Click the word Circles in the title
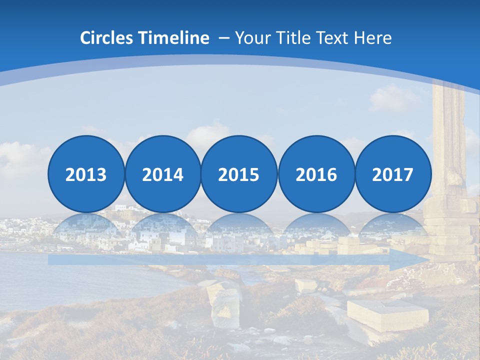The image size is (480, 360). tap(107, 38)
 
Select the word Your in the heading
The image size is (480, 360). tap(252, 38)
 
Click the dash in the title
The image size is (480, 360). tap(224, 38)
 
